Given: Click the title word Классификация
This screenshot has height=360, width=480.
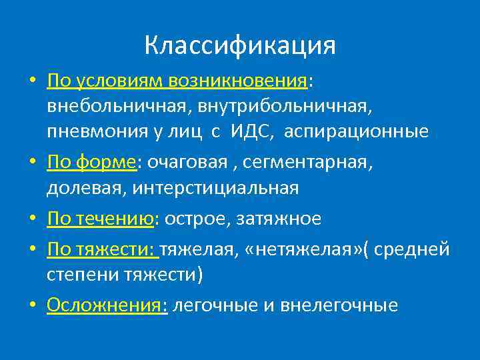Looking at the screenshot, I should tap(240, 45).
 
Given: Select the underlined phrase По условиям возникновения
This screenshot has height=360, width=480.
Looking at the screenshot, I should tap(176, 81).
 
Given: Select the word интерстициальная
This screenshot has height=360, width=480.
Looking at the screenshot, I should tap(216, 188).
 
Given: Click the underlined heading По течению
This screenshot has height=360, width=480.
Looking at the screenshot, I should tap(100, 219).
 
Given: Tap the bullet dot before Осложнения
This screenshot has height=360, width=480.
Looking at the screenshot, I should tap(33, 306).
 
